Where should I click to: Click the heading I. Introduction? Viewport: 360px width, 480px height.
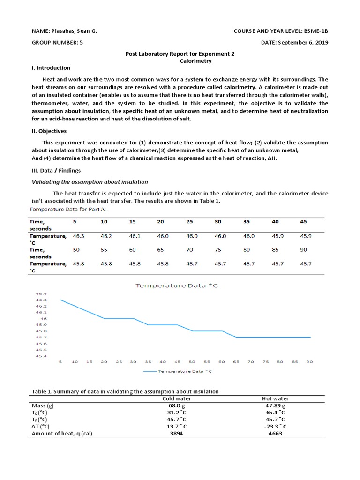pyautogui.click(x=51, y=68)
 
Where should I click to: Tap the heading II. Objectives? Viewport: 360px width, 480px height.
pyautogui.click(x=49, y=131)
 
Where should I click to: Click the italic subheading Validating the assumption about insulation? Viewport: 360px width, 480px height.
pyautogui.click(x=90, y=182)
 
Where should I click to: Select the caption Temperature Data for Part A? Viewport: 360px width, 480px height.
pyautogui.click(x=68, y=209)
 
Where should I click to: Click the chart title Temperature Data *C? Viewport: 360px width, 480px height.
pyautogui.click(x=177, y=285)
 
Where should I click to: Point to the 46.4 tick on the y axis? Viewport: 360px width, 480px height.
pyautogui.click(x=41, y=293)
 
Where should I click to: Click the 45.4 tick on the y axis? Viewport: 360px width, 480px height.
pyautogui.click(x=41, y=356)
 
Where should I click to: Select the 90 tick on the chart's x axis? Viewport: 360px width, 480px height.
pyautogui.click(x=309, y=362)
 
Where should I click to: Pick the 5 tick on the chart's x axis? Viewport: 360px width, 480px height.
pyautogui.click(x=60, y=362)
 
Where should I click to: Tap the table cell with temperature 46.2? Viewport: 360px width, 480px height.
pyautogui.click(x=107, y=236)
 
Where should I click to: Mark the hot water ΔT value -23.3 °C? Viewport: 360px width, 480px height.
pyautogui.click(x=277, y=427)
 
